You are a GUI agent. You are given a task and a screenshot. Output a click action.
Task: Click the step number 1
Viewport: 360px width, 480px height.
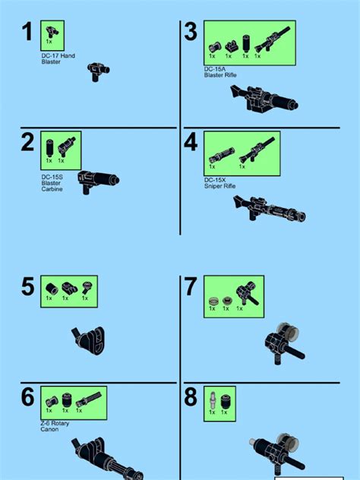(x=27, y=33)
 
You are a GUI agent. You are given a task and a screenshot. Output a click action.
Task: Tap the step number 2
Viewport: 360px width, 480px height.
(x=28, y=143)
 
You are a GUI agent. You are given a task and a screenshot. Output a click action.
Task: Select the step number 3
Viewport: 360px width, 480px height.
(x=191, y=32)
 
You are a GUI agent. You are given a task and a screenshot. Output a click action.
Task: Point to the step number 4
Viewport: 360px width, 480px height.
(x=191, y=142)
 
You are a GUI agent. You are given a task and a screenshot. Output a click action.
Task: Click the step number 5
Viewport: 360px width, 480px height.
(x=28, y=287)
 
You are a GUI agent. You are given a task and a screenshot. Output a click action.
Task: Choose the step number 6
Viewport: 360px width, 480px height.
(x=28, y=397)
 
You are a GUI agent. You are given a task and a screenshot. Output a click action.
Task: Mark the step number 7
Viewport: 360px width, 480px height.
(x=191, y=287)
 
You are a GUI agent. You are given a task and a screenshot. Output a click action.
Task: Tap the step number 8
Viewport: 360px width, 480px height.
(x=191, y=397)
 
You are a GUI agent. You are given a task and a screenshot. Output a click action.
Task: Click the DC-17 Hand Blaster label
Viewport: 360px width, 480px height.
(x=58, y=59)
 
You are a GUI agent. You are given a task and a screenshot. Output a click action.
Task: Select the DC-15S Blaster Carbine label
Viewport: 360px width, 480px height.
(x=52, y=183)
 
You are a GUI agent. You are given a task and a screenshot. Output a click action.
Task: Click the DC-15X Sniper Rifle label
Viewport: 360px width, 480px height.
(x=221, y=183)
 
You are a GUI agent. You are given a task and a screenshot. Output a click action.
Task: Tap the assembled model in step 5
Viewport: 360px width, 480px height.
(x=90, y=336)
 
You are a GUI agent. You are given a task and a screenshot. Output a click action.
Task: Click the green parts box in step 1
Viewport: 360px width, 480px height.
(x=52, y=36)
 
